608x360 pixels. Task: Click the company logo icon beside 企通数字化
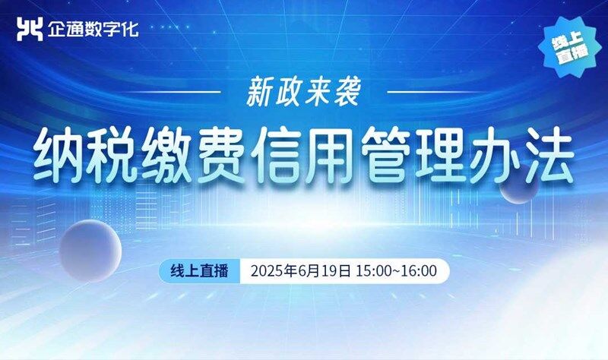(x=30, y=29)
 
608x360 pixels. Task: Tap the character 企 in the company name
(x=55, y=29)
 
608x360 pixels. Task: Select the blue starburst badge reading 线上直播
(x=571, y=47)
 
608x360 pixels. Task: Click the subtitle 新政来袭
(x=303, y=92)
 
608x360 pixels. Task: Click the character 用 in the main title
(x=331, y=155)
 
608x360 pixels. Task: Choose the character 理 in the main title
(x=441, y=155)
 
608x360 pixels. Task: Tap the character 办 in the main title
(x=496, y=155)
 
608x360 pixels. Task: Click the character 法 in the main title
(x=549, y=155)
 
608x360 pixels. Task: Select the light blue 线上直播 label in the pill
(x=199, y=271)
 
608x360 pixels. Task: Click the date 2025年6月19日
(x=301, y=271)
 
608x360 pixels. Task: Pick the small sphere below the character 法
(x=518, y=188)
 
